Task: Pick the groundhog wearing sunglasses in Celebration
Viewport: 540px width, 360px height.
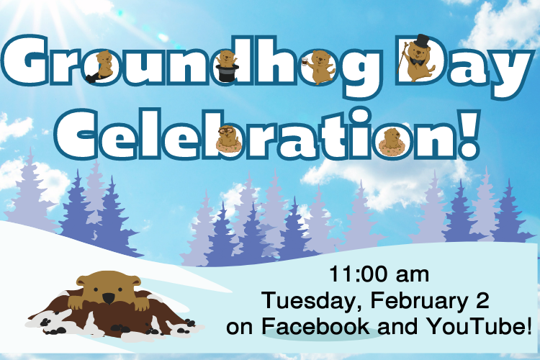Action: (x=229, y=139)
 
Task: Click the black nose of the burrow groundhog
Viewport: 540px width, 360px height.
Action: (x=108, y=298)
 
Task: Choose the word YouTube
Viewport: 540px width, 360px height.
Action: (x=483, y=326)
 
